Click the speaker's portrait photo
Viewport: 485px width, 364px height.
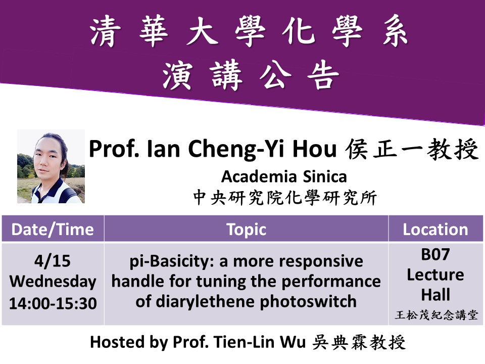[x=51, y=166]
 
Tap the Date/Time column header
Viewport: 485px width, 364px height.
[x=53, y=230]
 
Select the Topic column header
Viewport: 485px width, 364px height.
[x=246, y=230]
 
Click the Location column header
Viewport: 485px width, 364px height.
[x=435, y=230]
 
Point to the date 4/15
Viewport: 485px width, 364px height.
[x=52, y=261]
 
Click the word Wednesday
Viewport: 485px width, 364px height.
[x=53, y=282]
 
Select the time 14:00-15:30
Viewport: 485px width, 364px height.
[x=53, y=303]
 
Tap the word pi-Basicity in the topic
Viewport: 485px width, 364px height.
[x=172, y=261]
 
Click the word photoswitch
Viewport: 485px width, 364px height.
[x=308, y=302]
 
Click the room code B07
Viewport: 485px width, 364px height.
[x=435, y=254]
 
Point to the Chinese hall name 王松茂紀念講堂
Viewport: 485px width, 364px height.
[x=436, y=315]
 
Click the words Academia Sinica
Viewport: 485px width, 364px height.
[x=284, y=177]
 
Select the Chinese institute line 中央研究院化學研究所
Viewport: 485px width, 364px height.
[x=285, y=198]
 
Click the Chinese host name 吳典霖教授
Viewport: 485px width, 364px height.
[x=359, y=342]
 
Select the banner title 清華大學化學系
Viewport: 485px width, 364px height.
[x=249, y=31]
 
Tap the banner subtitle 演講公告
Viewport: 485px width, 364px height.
[x=251, y=75]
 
